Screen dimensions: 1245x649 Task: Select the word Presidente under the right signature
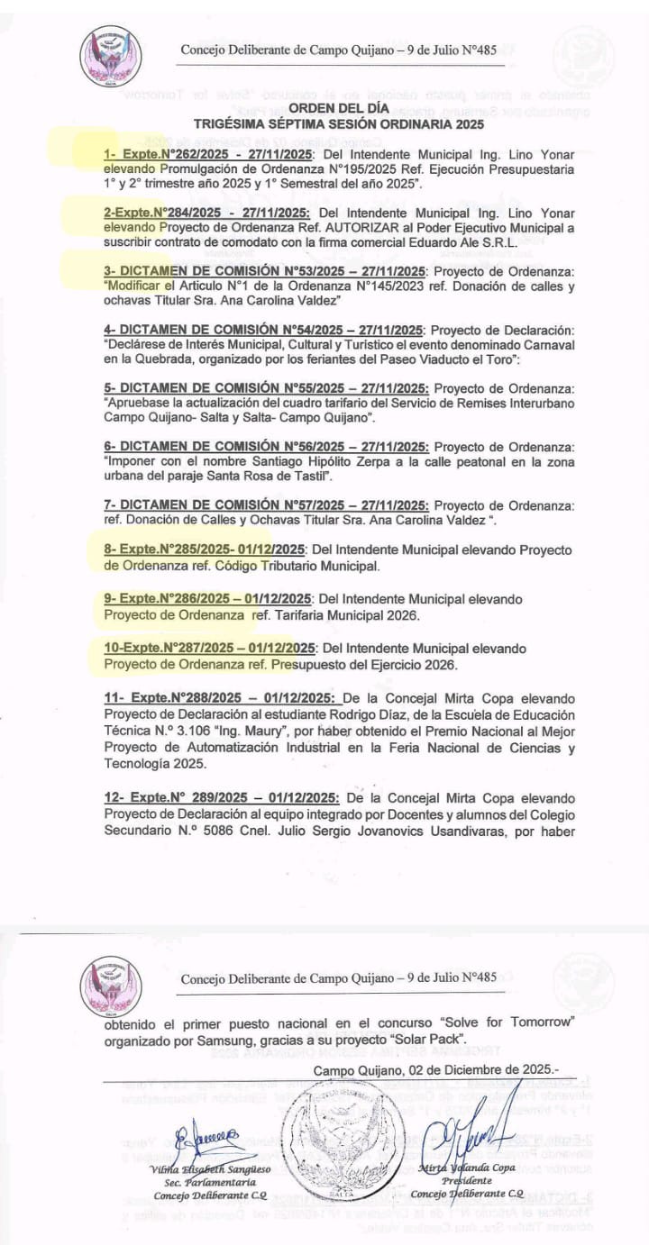[x=466, y=1179]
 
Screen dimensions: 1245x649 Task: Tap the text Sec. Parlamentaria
[x=206, y=1181]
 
